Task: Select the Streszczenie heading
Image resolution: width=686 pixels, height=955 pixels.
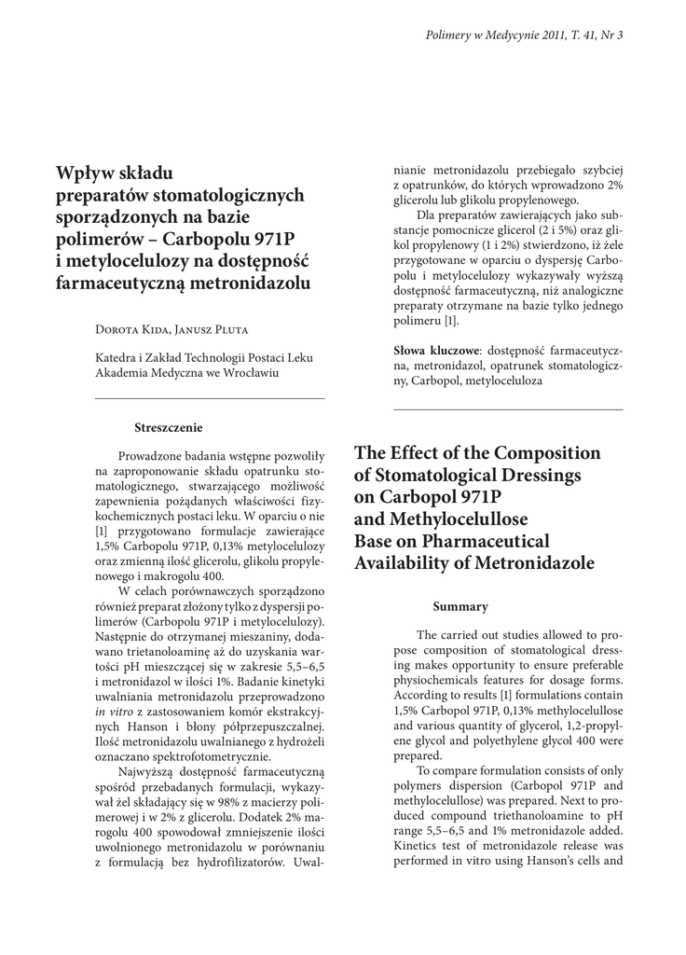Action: click(x=169, y=427)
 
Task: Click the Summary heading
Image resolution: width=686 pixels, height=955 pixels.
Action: click(x=460, y=606)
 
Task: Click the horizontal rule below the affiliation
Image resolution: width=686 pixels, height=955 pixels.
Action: click(x=211, y=399)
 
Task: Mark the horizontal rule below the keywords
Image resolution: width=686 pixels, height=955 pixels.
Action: click(x=509, y=409)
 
